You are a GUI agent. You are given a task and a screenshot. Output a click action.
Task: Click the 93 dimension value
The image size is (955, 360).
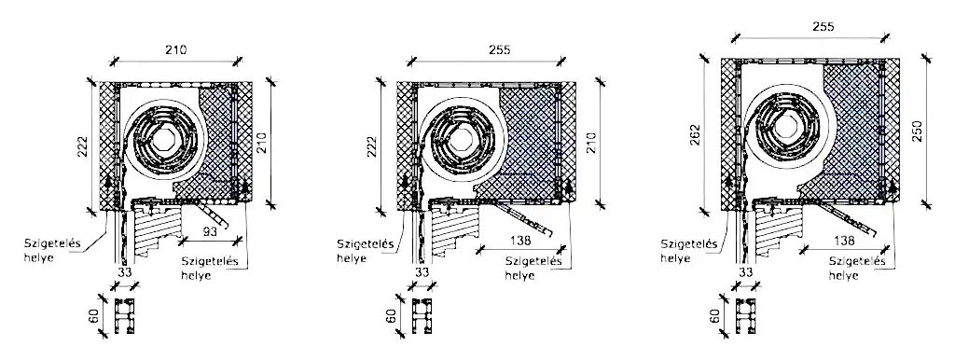[209, 231]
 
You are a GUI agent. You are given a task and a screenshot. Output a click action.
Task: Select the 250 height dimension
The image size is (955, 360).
[920, 131]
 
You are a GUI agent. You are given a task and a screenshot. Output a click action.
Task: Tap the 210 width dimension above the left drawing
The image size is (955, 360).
[176, 49]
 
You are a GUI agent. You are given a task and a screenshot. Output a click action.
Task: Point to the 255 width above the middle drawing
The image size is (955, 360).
[500, 49]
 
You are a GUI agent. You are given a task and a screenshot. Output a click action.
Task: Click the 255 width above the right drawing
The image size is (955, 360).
[823, 26]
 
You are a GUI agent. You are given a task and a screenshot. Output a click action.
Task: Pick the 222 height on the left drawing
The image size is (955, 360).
[83, 146]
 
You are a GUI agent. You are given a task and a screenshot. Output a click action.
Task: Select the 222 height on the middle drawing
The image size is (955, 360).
[372, 146]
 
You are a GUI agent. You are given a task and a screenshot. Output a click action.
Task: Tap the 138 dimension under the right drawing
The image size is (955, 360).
[843, 241]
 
